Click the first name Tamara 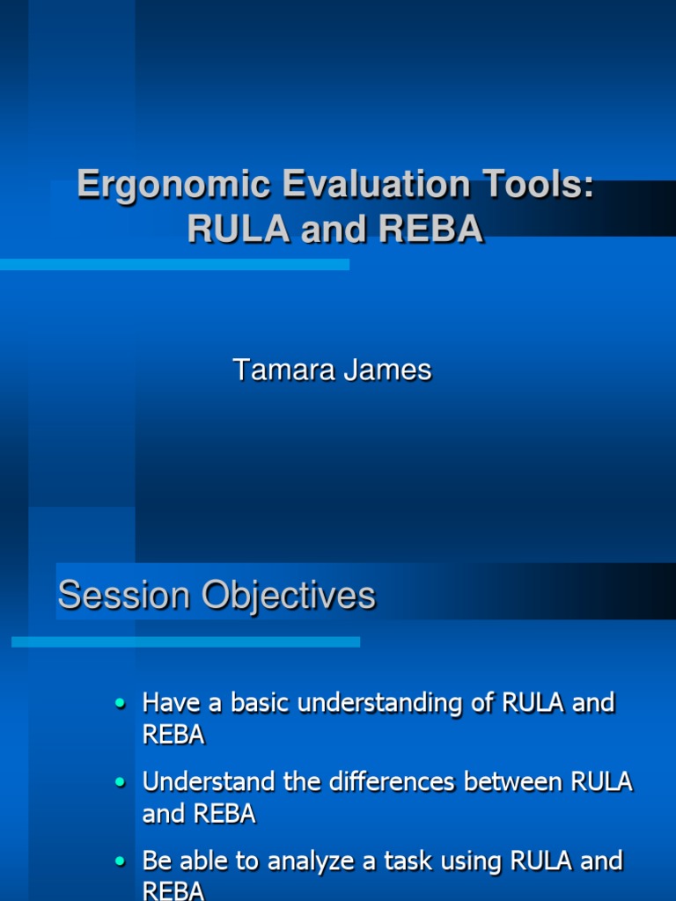pyautogui.click(x=283, y=370)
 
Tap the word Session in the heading pyautogui.click(x=124, y=596)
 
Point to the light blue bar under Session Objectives pyautogui.click(x=185, y=642)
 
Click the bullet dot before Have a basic pyautogui.click(x=121, y=704)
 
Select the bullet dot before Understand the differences pyautogui.click(x=121, y=782)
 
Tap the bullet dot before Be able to pyautogui.click(x=121, y=861)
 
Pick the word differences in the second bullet pyautogui.click(x=404, y=781)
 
